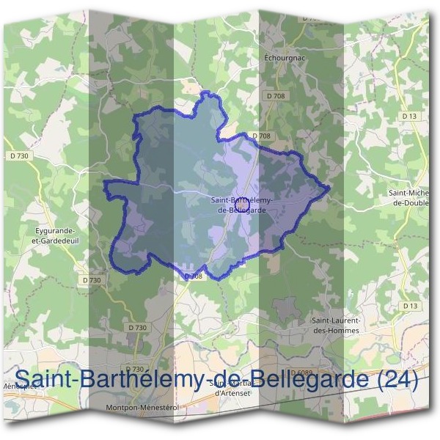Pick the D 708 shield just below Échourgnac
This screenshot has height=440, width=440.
click(x=276, y=96)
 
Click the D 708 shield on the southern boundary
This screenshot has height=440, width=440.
click(x=192, y=276)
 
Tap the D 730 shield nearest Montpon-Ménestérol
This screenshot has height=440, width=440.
click(x=135, y=369)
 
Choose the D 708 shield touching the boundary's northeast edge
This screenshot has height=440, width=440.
click(x=261, y=136)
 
